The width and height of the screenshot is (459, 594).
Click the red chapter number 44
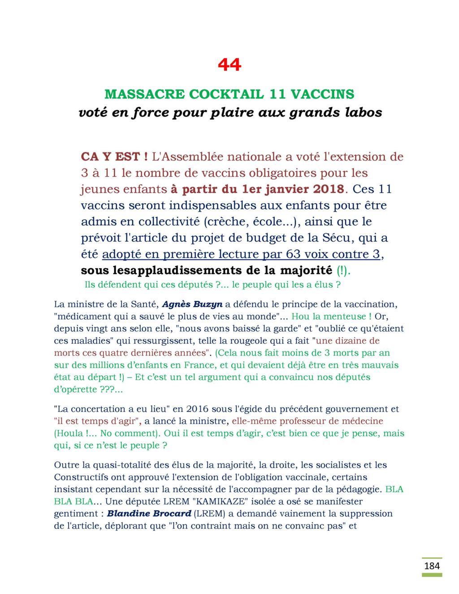point(229,65)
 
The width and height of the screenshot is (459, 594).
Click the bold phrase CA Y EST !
point(114,157)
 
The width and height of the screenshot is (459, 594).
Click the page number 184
point(432,566)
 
